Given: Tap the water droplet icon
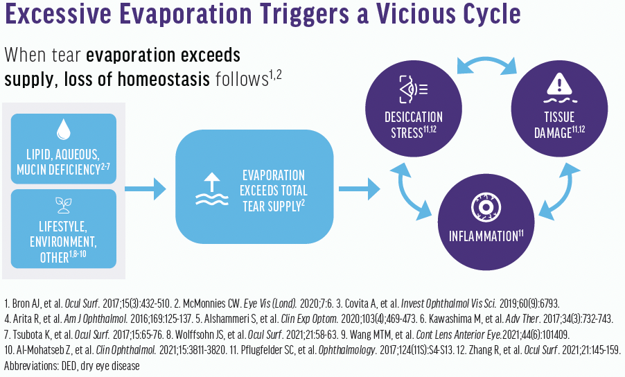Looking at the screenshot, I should tap(64, 130).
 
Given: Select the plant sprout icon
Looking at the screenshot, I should tap(64, 204).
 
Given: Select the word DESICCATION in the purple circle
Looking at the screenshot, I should tap(414, 116).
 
